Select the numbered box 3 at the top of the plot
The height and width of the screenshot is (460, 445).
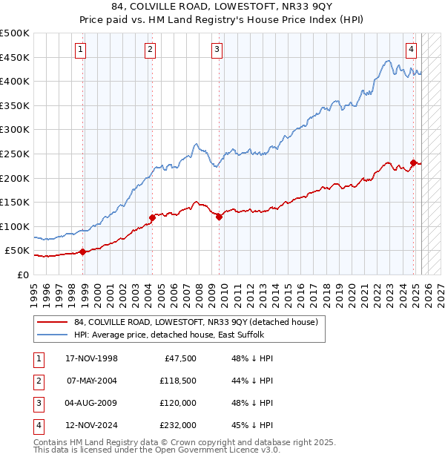[217, 50]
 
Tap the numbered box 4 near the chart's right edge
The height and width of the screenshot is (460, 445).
[411, 50]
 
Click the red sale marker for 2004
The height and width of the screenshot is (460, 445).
[152, 217]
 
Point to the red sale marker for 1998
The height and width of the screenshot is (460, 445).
[83, 252]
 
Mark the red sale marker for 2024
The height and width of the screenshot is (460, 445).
[413, 162]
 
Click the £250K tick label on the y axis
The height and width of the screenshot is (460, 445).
[15, 154]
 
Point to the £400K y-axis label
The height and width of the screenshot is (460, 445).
[15, 81]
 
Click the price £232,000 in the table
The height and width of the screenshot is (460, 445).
[177, 425]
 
